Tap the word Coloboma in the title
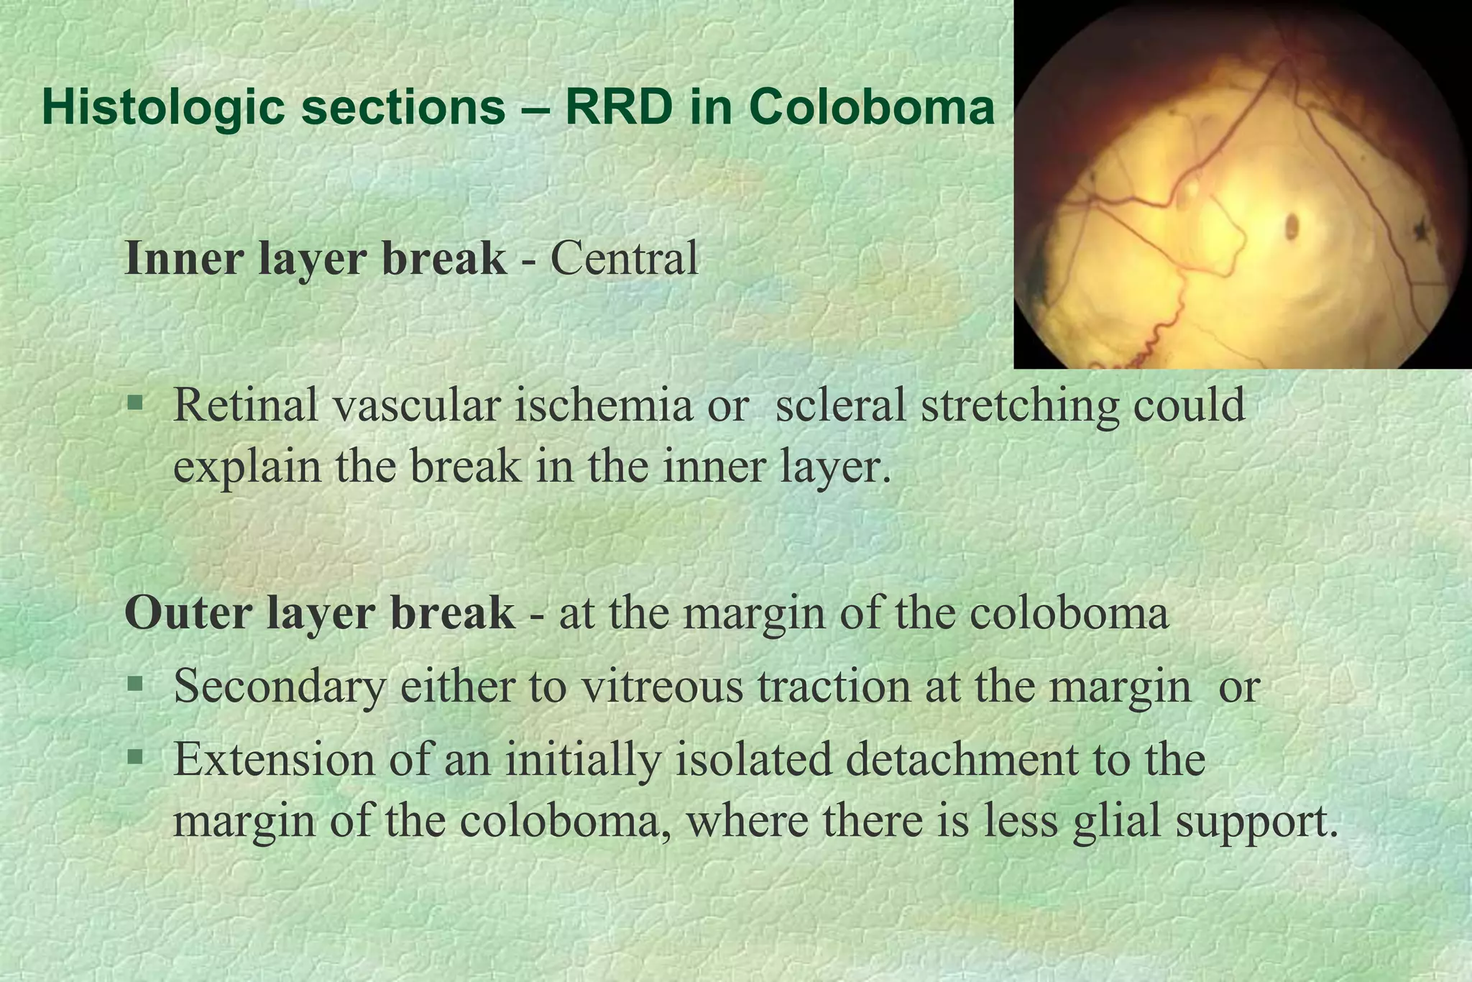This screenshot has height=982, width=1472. (x=872, y=108)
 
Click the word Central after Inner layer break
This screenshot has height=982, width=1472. (x=624, y=258)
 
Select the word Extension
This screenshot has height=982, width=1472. (x=274, y=759)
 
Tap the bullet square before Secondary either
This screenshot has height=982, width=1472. (x=134, y=682)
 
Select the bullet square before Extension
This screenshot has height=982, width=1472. (x=134, y=756)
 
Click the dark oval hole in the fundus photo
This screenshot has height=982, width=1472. (x=1292, y=227)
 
